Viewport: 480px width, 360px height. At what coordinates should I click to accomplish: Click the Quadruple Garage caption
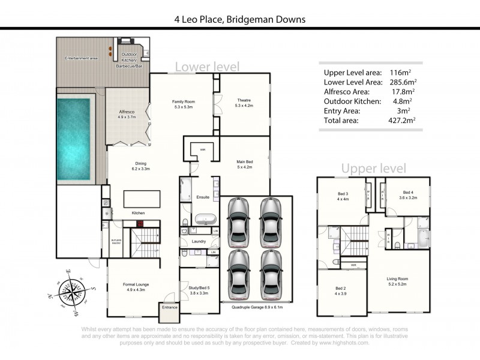[x=257, y=306]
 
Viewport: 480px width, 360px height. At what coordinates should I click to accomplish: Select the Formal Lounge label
[x=136, y=287]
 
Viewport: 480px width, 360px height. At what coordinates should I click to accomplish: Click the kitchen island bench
[x=142, y=199]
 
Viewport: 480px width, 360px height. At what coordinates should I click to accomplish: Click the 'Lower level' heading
[x=207, y=66]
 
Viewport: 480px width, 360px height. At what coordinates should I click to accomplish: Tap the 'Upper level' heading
[x=374, y=169]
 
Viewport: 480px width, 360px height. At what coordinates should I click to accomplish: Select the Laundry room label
[x=199, y=242]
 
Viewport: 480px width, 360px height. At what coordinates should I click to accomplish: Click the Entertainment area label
[x=81, y=58]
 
